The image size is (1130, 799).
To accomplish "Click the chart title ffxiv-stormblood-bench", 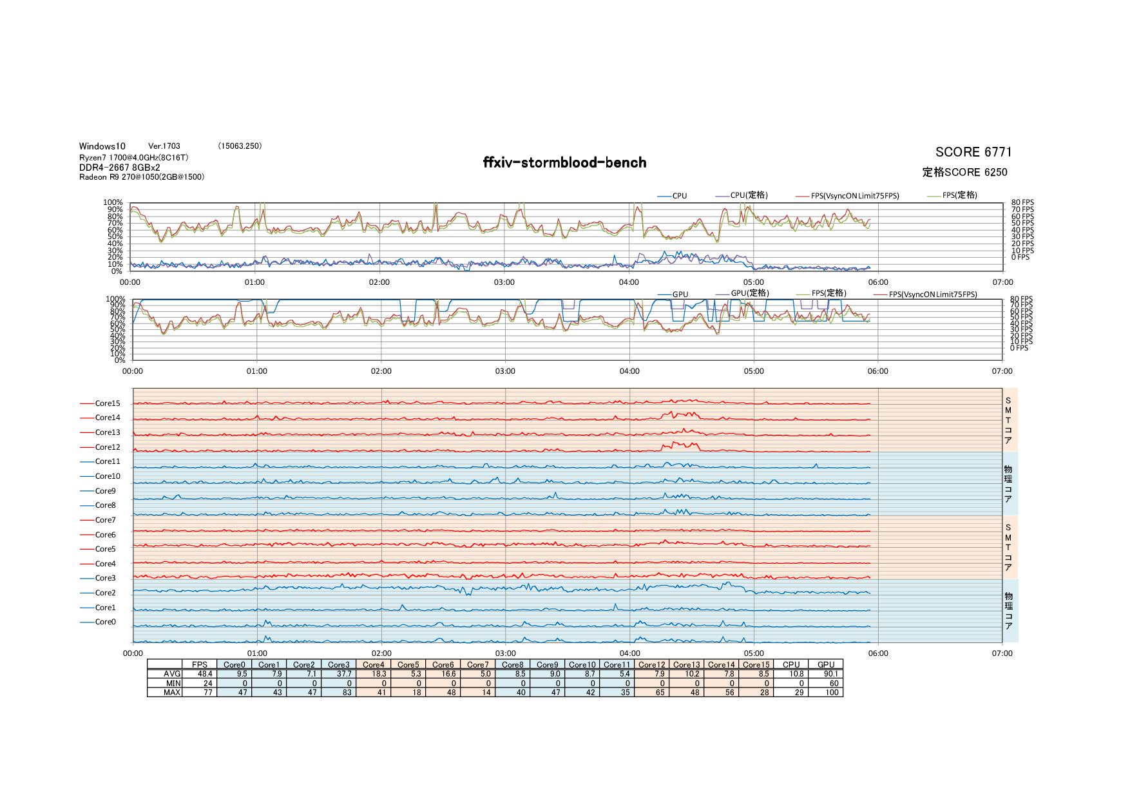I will point(564,162).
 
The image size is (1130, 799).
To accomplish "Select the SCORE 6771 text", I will point(973,152).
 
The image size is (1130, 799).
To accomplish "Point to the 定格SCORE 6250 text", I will point(964,172).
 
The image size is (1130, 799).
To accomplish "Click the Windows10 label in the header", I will point(102,146).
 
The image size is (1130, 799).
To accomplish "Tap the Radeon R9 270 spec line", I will point(142,177).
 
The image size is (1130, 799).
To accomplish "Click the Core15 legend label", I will point(108,403).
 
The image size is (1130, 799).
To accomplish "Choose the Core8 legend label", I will point(106,505).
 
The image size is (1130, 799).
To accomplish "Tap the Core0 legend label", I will point(106,622).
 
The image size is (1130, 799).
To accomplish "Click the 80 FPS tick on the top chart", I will point(1022,202).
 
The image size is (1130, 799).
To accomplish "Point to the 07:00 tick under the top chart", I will point(1002,282).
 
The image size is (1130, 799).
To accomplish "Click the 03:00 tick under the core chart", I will point(506,653).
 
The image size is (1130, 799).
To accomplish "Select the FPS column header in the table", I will point(200,664).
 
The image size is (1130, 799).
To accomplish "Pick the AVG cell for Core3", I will point(340,673).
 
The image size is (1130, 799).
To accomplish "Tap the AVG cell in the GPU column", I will point(826,673).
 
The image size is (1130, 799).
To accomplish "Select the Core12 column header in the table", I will point(652,664).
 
